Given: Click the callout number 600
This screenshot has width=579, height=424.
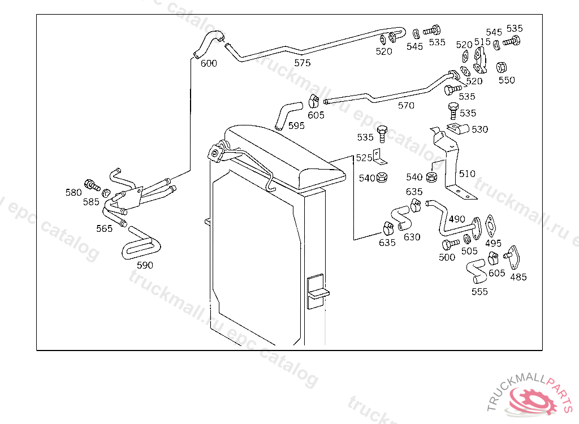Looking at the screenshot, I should pos(209,63).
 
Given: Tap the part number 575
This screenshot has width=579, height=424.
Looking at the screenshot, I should pos(303,63).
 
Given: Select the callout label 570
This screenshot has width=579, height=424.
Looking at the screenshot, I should pos(406,106).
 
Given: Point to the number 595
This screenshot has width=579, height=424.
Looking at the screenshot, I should pos(296,126).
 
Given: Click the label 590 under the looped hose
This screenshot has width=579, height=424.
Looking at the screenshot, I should pos(145,265).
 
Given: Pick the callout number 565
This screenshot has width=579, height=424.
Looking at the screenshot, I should pos(104,228).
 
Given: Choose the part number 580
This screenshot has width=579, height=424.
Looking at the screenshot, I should pos(74,192).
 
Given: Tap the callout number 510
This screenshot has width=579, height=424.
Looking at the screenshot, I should pos(467,174).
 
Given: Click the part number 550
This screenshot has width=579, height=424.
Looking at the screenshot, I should pos(507,80).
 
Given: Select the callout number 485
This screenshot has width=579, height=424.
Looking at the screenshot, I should pos(518,277).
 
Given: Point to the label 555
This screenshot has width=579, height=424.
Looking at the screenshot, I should pos(479,292).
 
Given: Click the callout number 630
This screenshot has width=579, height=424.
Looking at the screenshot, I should pos(412,237).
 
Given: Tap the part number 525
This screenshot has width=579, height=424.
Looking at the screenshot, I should pos(364,158).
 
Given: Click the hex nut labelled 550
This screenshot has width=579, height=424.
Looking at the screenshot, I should pos(501,67).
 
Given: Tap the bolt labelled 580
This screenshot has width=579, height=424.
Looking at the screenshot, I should pos(90,184).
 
